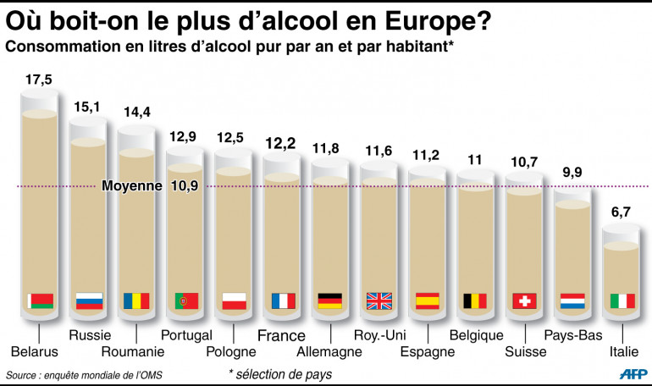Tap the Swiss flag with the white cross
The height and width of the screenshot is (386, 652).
pyautogui.click(x=524, y=301)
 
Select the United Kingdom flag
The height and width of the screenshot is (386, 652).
pyautogui.click(x=378, y=301)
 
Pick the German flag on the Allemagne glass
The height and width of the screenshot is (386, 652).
pyautogui.click(x=330, y=301)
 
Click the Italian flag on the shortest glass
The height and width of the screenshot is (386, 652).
pyautogui.click(x=622, y=301)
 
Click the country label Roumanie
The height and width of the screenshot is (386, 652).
pyautogui.click(x=133, y=351)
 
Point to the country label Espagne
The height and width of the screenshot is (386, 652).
pyautogui.click(x=428, y=351)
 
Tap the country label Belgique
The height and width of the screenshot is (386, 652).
pyautogui.click(x=476, y=334)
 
